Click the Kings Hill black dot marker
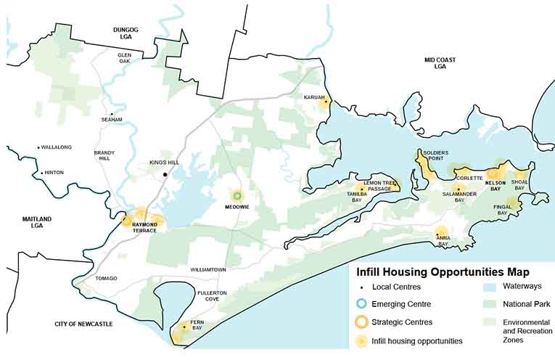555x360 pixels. pos(166,174)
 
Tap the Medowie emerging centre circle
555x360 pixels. pos(237,195)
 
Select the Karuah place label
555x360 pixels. pos(314,97)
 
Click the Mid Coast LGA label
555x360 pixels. pos(440,63)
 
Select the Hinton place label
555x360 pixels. pos(54,173)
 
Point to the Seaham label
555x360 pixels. pos(112,120)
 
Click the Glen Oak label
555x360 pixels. pos(125,59)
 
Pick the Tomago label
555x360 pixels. pos(106,279)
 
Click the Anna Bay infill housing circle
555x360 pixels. pos(441,233)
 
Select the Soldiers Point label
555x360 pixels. pos(436,157)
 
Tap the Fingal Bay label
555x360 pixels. pos(502,210)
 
